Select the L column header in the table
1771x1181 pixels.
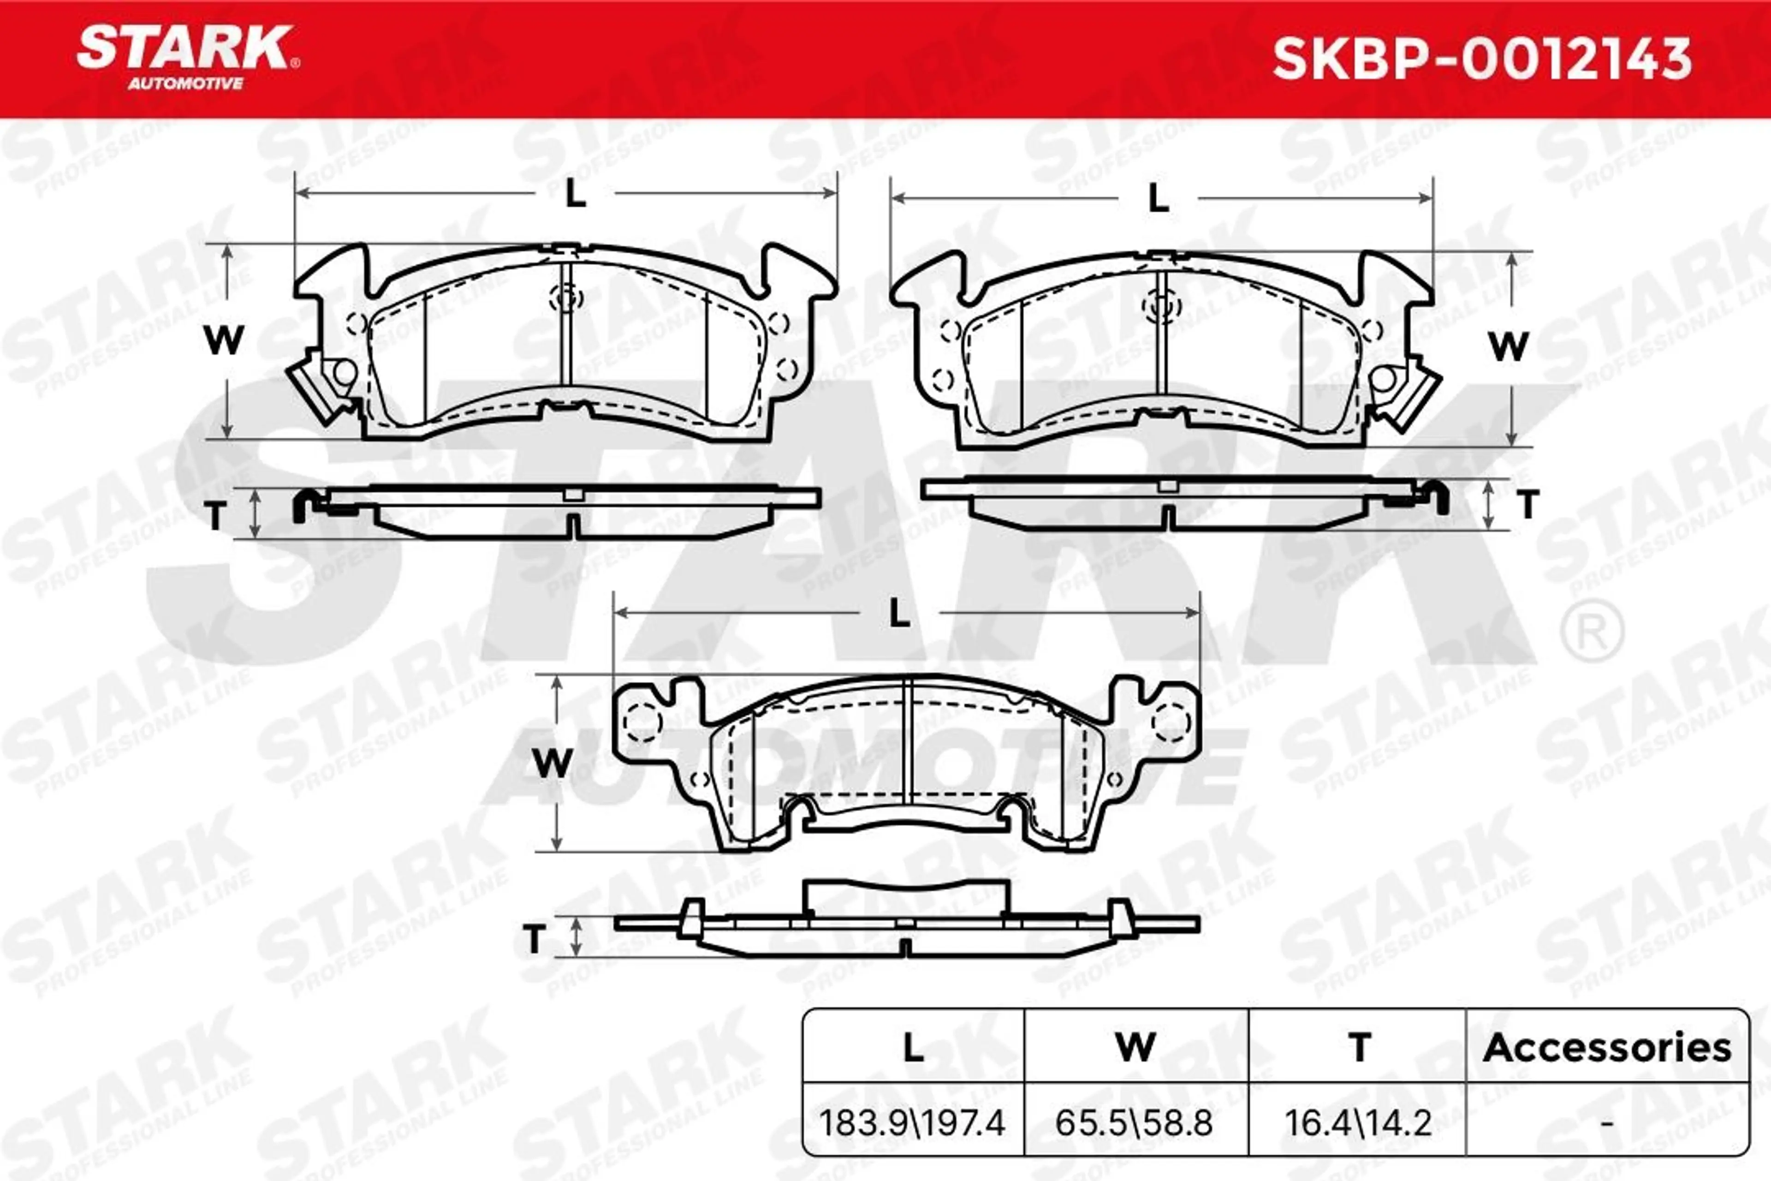pyautogui.click(x=913, y=1048)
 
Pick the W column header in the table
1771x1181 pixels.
pyautogui.click(x=1135, y=1048)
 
